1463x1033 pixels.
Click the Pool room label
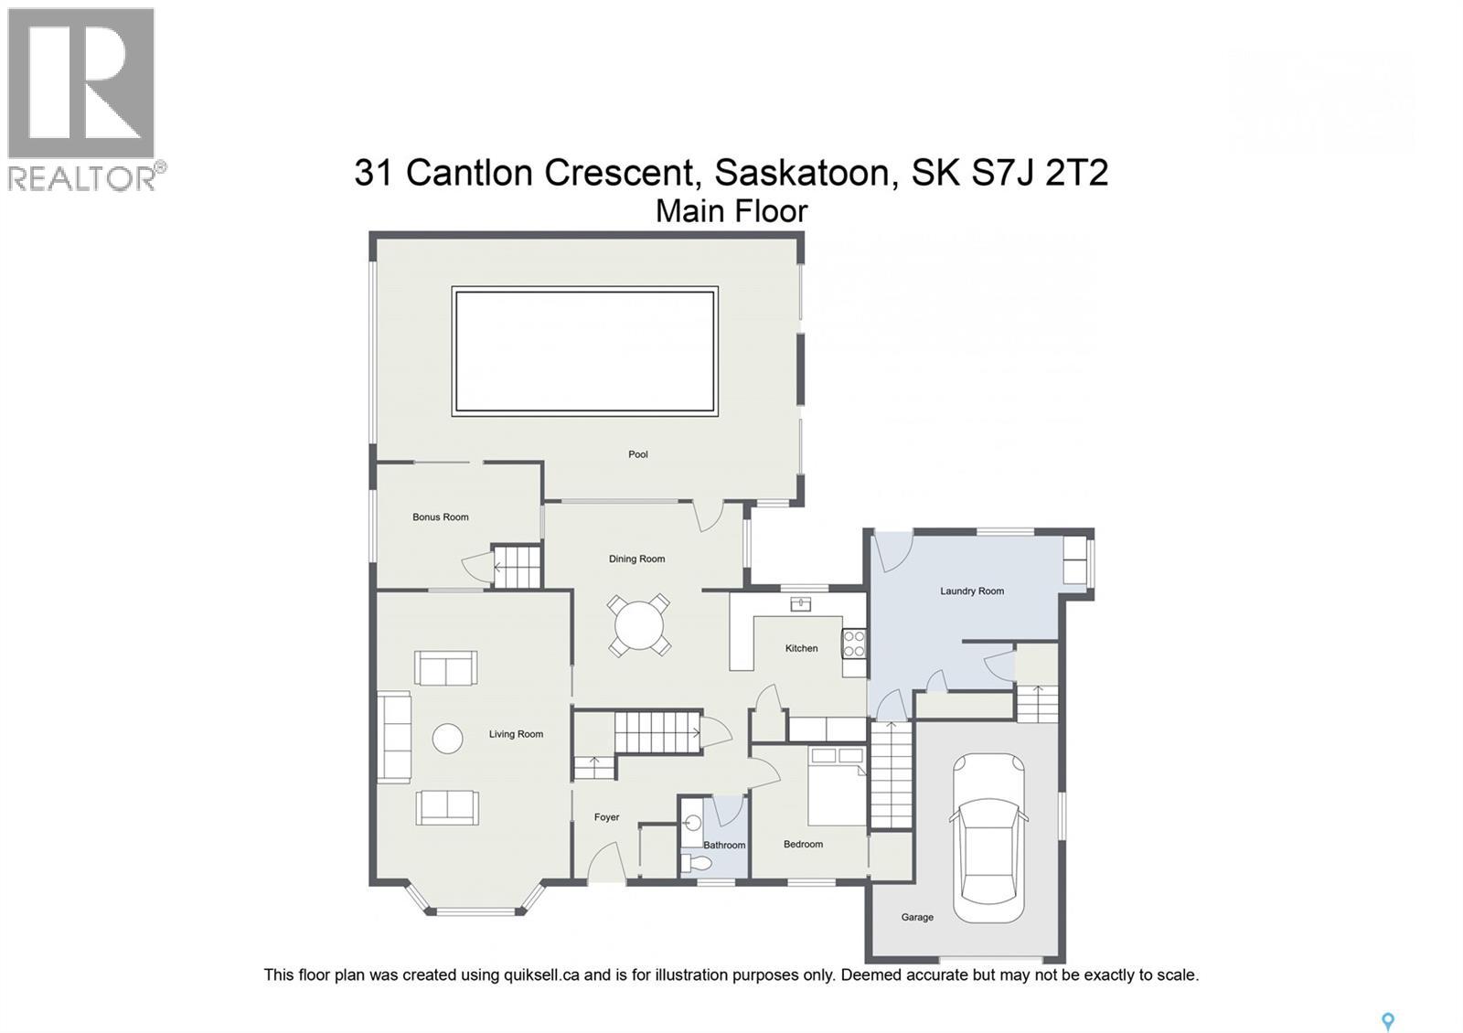coord(637,454)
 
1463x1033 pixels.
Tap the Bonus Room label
coord(440,517)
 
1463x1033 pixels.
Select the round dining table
coord(639,626)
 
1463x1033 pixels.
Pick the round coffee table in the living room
coord(447,739)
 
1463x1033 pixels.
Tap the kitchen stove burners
coord(854,644)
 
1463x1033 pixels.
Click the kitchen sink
coord(801,603)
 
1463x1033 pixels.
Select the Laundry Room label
coord(971,591)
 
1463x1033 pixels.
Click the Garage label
coord(917,917)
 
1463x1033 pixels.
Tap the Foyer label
coord(606,817)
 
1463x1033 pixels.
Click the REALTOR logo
coord(84,99)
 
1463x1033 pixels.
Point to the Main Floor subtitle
coord(731,211)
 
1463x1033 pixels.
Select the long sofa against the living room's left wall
coord(396,737)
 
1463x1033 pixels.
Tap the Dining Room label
coord(636,559)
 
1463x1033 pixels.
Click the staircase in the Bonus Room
coord(518,567)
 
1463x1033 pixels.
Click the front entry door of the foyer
coord(605,864)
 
